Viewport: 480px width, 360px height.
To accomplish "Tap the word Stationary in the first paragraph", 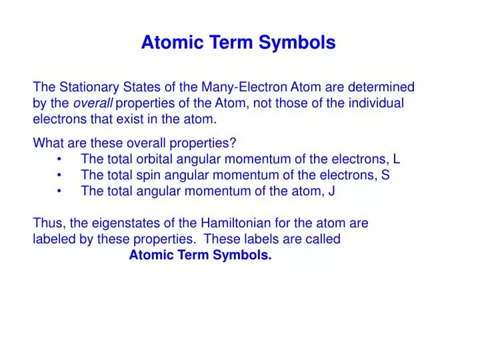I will click(x=85, y=87).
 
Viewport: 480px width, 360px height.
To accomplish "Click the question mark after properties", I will click(x=234, y=143).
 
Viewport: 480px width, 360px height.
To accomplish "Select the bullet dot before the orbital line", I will click(x=61, y=159).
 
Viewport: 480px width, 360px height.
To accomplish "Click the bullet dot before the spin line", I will click(x=61, y=175).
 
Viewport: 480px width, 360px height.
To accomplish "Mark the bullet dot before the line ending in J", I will click(x=61, y=191).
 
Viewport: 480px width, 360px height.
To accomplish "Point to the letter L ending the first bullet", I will click(x=397, y=159).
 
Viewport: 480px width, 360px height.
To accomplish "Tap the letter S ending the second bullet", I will click(x=386, y=175).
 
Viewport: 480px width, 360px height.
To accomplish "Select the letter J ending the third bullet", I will click(x=331, y=191).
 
